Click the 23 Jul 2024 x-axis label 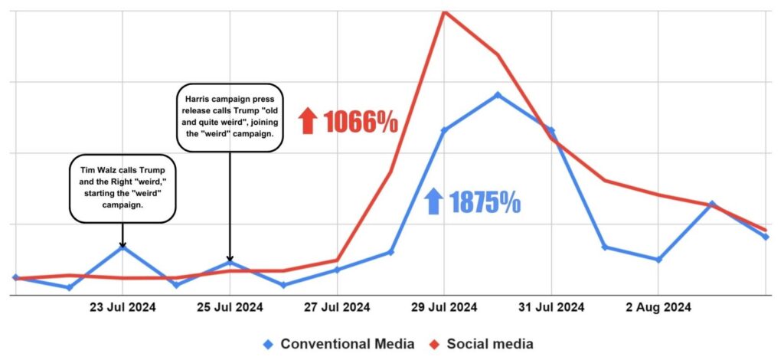122,308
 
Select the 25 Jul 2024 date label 230,308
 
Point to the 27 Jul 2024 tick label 337,308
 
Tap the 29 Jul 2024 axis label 444,308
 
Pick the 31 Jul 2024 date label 551,308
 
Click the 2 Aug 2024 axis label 658,308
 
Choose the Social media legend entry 482,344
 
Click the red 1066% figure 360,122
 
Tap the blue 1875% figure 485,202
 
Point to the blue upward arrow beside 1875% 433,202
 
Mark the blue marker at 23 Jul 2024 122,247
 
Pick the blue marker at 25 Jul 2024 230,263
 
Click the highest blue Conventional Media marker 498,95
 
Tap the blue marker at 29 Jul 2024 444,130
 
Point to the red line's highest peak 444,11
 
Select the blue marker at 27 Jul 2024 337,270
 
